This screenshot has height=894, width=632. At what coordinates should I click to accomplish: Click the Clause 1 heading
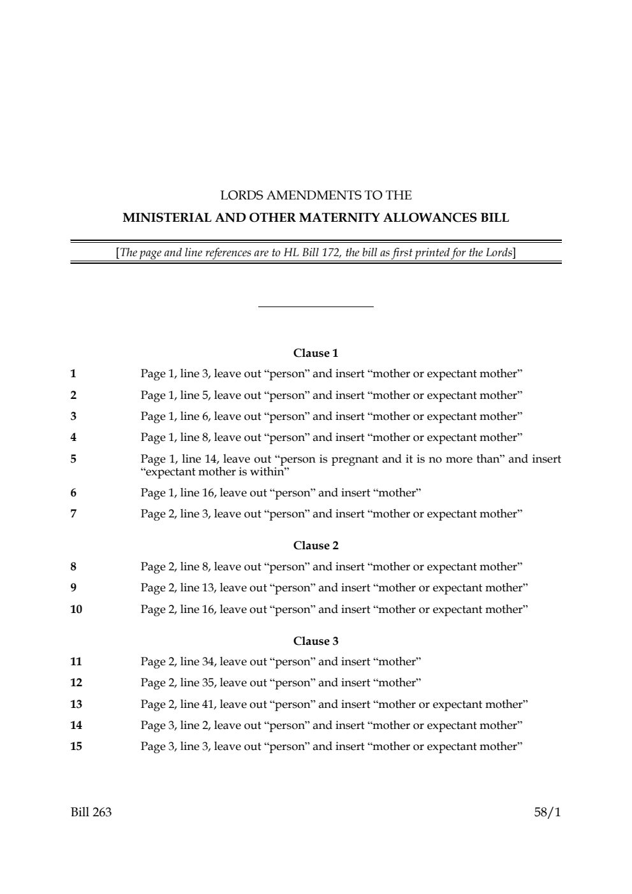click(316, 353)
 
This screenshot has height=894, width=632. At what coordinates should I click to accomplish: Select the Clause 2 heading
click(316, 545)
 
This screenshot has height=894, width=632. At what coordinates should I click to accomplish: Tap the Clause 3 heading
click(316, 641)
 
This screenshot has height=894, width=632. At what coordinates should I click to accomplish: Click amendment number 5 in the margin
click(73, 458)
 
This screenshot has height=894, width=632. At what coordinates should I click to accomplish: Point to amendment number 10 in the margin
click(76, 609)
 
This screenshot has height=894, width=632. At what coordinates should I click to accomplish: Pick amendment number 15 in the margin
click(76, 746)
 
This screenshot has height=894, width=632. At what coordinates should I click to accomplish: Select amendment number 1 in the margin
click(73, 373)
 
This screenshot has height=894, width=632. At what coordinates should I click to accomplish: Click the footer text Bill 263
click(91, 812)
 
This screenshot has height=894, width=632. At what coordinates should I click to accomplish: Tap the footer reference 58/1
click(548, 812)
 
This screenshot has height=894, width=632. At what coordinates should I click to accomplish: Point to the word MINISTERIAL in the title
click(163, 218)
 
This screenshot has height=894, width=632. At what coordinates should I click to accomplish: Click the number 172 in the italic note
click(331, 253)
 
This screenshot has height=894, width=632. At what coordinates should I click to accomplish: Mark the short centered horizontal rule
click(316, 307)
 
